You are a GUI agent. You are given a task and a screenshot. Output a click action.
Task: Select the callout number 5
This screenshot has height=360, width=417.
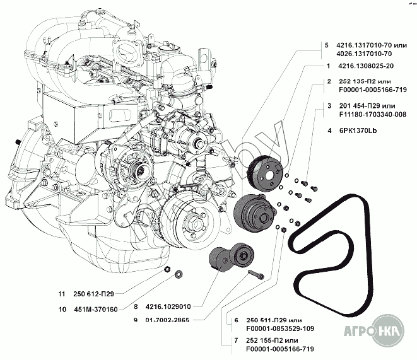(327, 45)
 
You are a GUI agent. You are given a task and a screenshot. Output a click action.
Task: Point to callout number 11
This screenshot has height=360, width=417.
(61, 294)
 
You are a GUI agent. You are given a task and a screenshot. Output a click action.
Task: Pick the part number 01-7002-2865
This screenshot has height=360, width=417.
(167, 320)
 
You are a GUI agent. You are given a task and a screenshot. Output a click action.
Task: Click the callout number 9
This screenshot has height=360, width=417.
(136, 320)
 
